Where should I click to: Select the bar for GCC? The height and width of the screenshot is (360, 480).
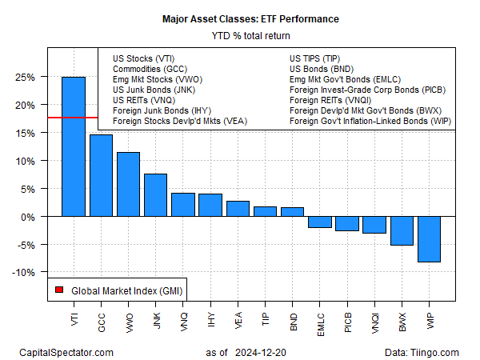[x=101, y=176]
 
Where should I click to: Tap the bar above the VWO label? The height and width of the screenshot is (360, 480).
[x=128, y=185]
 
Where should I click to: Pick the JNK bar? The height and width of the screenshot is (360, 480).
[x=155, y=195]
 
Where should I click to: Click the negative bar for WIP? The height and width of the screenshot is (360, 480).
[x=429, y=239]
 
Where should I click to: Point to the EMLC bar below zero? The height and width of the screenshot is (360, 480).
[x=319, y=222]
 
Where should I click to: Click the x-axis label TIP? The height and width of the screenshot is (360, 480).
[x=266, y=319]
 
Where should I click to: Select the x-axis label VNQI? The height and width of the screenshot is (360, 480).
[x=374, y=322]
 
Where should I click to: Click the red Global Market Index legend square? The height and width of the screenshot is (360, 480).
[x=59, y=290]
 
